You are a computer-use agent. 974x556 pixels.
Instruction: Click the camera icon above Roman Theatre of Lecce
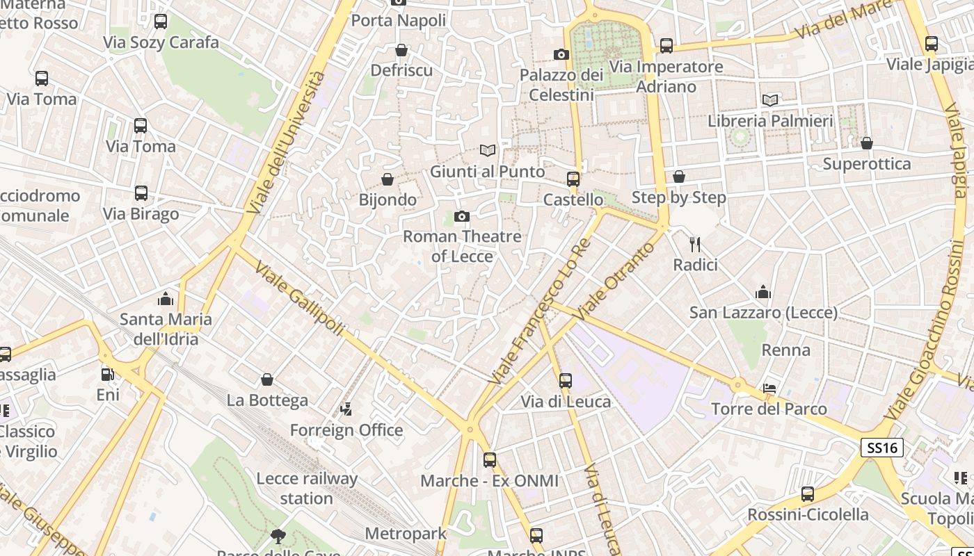[x=461, y=217]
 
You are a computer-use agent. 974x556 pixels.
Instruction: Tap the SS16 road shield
[x=883, y=448]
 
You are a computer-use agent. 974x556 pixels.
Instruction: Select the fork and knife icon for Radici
[x=694, y=244]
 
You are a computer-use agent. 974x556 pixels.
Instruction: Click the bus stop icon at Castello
[x=573, y=179]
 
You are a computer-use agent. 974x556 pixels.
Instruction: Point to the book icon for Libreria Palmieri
[x=770, y=100]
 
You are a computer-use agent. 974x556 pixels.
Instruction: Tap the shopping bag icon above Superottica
[x=867, y=143]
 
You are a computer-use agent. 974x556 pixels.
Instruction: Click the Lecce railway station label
[x=307, y=489]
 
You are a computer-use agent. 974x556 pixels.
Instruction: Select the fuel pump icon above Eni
[x=108, y=375]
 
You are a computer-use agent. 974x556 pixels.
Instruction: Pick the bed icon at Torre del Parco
[x=769, y=389]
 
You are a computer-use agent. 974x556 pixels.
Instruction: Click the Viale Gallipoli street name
[x=299, y=298]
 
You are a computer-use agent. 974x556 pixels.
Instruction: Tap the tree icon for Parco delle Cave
[x=278, y=536]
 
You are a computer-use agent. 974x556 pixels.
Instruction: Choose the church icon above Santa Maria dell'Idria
[x=166, y=299]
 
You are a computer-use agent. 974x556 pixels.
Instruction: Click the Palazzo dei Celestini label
[x=561, y=84]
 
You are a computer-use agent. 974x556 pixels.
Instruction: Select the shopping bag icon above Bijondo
[x=388, y=179]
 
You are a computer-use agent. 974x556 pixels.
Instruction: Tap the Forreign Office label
[x=346, y=430]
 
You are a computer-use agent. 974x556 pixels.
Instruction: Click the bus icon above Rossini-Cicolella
[x=808, y=494]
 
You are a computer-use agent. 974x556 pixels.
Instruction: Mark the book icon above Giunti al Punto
[x=488, y=150]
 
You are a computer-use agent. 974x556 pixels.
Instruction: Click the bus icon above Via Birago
[x=141, y=193]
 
